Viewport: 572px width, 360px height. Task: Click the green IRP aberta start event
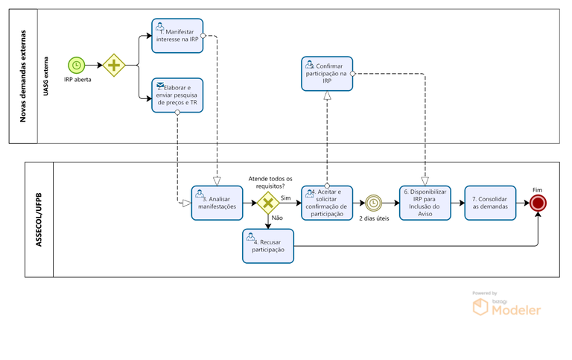click(76, 66)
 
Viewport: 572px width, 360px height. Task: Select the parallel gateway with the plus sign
click(113, 66)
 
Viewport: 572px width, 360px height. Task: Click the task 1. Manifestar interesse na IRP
click(177, 36)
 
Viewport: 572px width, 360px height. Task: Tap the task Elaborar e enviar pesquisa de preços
click(177, 95)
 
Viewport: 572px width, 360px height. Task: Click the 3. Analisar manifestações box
click(217, 202)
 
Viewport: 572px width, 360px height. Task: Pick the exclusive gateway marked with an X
click(268, 202)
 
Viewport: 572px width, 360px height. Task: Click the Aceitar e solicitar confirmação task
click(327, 202)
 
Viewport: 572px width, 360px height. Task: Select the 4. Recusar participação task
click(268, 246)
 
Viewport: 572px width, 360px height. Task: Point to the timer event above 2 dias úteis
click(372, 202)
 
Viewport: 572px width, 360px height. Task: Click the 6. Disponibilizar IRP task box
click(425, 202)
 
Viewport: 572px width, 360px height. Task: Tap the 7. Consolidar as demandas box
click(489, 202)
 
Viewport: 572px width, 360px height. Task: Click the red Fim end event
click(538, 202)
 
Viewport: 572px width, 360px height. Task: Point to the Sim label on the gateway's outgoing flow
click(286, 198)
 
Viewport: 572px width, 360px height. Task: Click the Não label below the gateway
click(277, 218)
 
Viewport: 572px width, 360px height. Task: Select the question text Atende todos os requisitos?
click(270, 183)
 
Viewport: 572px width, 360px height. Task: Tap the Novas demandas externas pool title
click(22, 76)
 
